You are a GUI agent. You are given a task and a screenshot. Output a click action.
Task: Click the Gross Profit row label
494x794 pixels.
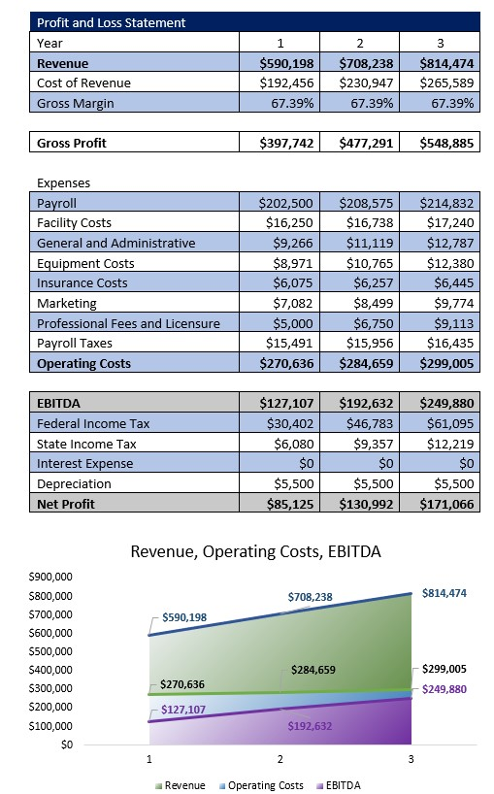pyautogui.click(x=72, y=143)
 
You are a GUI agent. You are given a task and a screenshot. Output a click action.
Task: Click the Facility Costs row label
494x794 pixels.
pyautogui.click(x=74, y=223)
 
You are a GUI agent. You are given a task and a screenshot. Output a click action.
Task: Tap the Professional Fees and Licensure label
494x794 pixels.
pyautogui.click(x=128, y=323)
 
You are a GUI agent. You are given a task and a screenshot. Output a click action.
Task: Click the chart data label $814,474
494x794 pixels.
pyautogui.click(x=445, y=592)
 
